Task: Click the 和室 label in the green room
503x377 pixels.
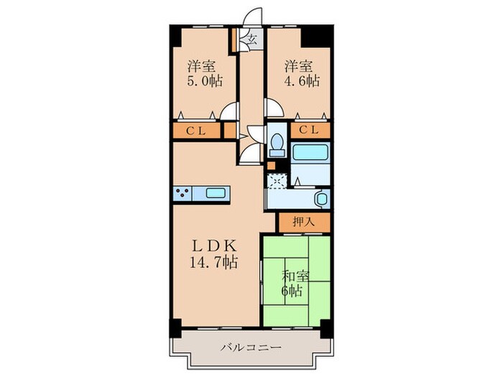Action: tap(293, 276)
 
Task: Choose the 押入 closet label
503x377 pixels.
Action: tap(303, 223)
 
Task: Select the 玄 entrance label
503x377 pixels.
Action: tap(252, 39)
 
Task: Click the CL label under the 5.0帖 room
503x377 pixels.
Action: tap(196, 131)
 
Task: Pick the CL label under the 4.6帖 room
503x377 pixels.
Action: tap(310, 131)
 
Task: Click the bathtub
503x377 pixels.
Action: tap(310, 152)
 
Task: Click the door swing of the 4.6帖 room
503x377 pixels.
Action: tap(274, 110)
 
